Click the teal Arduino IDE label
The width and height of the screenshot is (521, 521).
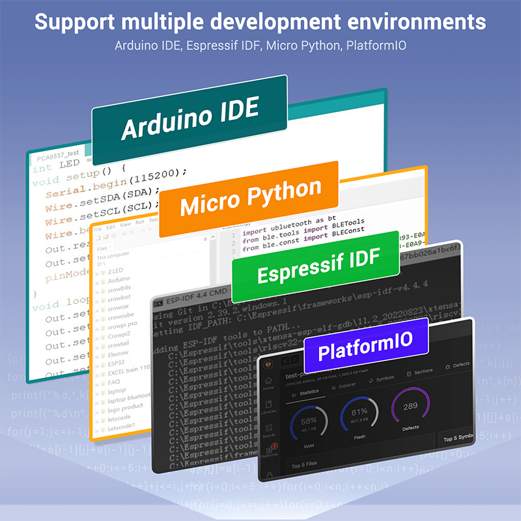tap(190, 119)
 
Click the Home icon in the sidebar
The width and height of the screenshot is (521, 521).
tap(268, 384)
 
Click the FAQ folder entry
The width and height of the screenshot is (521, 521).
tap(115, 382)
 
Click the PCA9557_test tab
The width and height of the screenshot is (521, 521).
tap(57, 158)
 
